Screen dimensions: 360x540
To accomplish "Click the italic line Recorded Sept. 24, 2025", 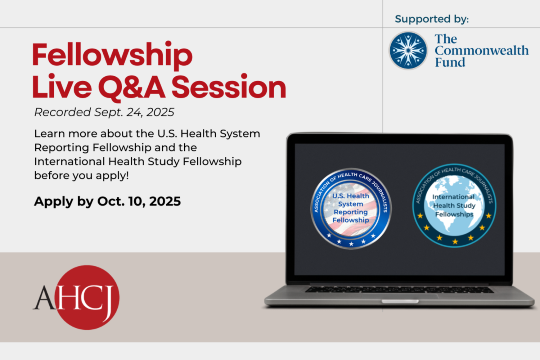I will pos(104,112).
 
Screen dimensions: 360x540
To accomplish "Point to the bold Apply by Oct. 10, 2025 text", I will pos(108,201).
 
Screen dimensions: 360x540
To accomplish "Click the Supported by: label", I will pos(432,19).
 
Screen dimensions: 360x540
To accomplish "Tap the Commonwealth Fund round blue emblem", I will pos(408,50).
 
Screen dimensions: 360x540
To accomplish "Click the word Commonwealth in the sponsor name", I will pos(481,50).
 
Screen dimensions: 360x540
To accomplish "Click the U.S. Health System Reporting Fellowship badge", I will pos(351,208).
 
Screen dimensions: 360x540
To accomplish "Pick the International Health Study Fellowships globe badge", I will pos(455,206).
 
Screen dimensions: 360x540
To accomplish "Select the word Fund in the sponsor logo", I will pos(450,62).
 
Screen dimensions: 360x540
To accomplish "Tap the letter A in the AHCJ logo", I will pos(44,298).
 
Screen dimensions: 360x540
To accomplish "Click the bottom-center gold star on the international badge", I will pos(455,242).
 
